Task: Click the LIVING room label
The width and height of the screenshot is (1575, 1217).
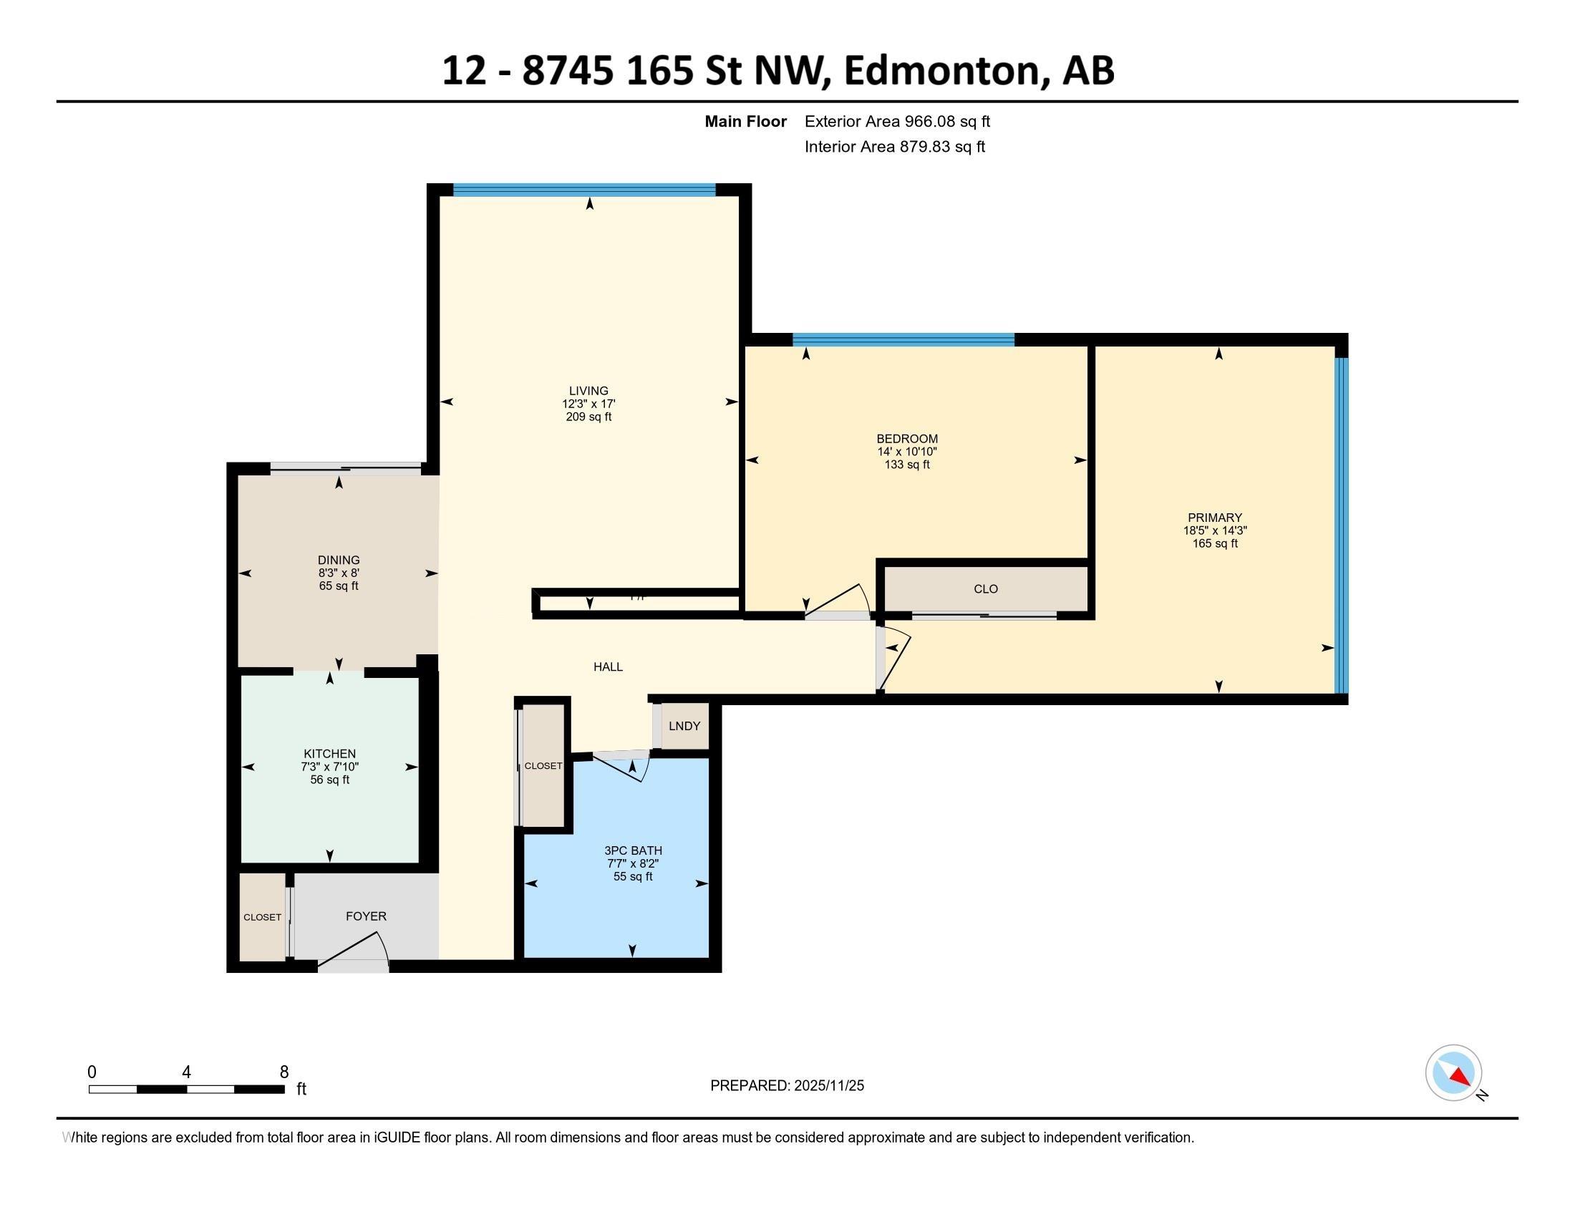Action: tap(588, 391)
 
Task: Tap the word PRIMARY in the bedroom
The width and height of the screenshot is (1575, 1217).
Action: tap(1215, 518)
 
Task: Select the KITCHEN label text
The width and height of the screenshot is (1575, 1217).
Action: tap(329, 754)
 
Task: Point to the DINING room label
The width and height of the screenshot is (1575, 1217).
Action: tap(338, 561)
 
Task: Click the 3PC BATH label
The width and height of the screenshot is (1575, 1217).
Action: tap(633, 850)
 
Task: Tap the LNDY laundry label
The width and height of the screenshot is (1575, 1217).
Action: tap(684, 726)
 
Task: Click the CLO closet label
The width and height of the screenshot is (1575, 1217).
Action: tap(986, 589)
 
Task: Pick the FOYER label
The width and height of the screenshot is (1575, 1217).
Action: tap(366, 916)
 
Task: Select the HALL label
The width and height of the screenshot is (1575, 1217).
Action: tap(608, 667)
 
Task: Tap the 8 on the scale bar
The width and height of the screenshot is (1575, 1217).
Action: tap(284, 1072)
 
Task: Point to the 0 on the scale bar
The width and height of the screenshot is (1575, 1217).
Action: tap(92, 1072)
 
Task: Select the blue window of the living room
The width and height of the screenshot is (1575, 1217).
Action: tap(584, 190)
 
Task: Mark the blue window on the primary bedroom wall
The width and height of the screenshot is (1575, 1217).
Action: tap(1341, 525)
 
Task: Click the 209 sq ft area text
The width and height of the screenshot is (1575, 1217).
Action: tap(588, 417)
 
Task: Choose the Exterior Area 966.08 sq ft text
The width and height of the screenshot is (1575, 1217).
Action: tap(897, 122)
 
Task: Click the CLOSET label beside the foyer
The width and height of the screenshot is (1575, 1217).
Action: tap(263, 917)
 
